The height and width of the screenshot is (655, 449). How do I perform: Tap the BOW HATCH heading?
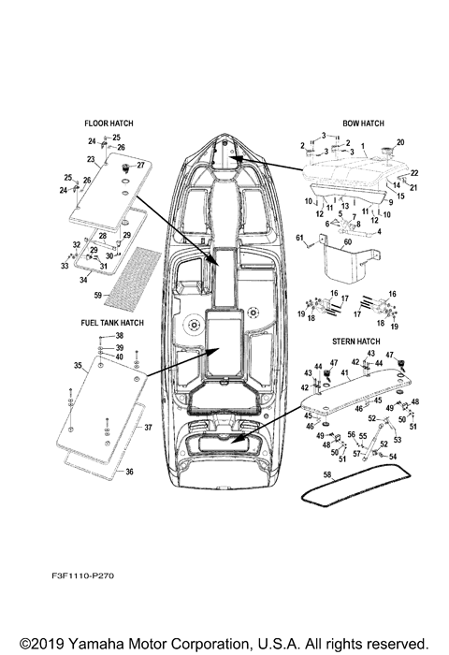[x=363, y=123]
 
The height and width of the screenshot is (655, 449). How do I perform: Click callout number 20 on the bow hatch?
[x=400, y=141]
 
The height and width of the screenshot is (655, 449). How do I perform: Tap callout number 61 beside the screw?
[x=300, y=239]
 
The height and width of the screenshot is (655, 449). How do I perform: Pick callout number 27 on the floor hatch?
[x=141, y=165]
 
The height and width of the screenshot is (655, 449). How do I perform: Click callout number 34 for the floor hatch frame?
[x=83, y=279]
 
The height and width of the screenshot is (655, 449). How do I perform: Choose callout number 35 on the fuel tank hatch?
[x=78, y=367]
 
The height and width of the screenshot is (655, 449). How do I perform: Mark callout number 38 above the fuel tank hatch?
[x=119, y=336]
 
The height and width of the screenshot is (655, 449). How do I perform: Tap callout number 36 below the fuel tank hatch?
[x=129, y=472]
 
